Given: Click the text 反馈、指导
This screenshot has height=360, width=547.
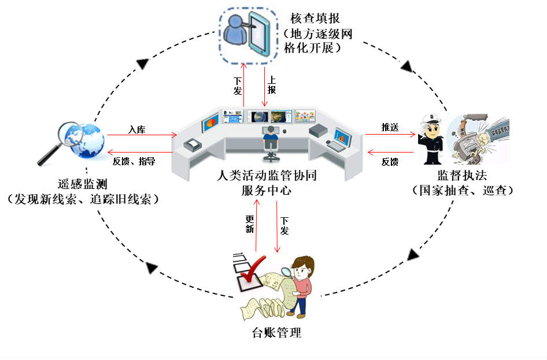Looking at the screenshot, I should [x=134, y=161].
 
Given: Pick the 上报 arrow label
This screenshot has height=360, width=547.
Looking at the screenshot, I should [x=272, y=86].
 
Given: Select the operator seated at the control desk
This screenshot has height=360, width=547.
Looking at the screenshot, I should [x=270, y=138].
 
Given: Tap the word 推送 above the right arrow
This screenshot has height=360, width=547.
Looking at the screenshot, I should [x=390, y=127].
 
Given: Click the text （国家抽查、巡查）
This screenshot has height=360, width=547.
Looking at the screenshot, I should [x=462, y=190].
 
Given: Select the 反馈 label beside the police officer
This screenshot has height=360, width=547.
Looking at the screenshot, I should [x=390, y=162].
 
